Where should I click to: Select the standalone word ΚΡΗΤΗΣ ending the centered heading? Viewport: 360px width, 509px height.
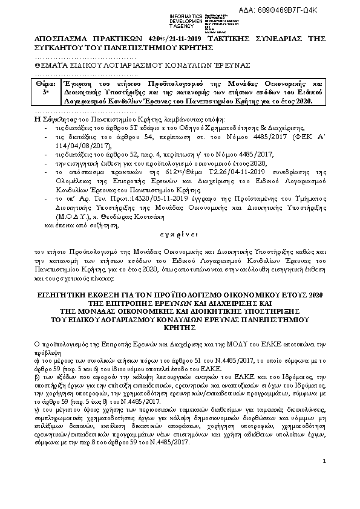[180, 326]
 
